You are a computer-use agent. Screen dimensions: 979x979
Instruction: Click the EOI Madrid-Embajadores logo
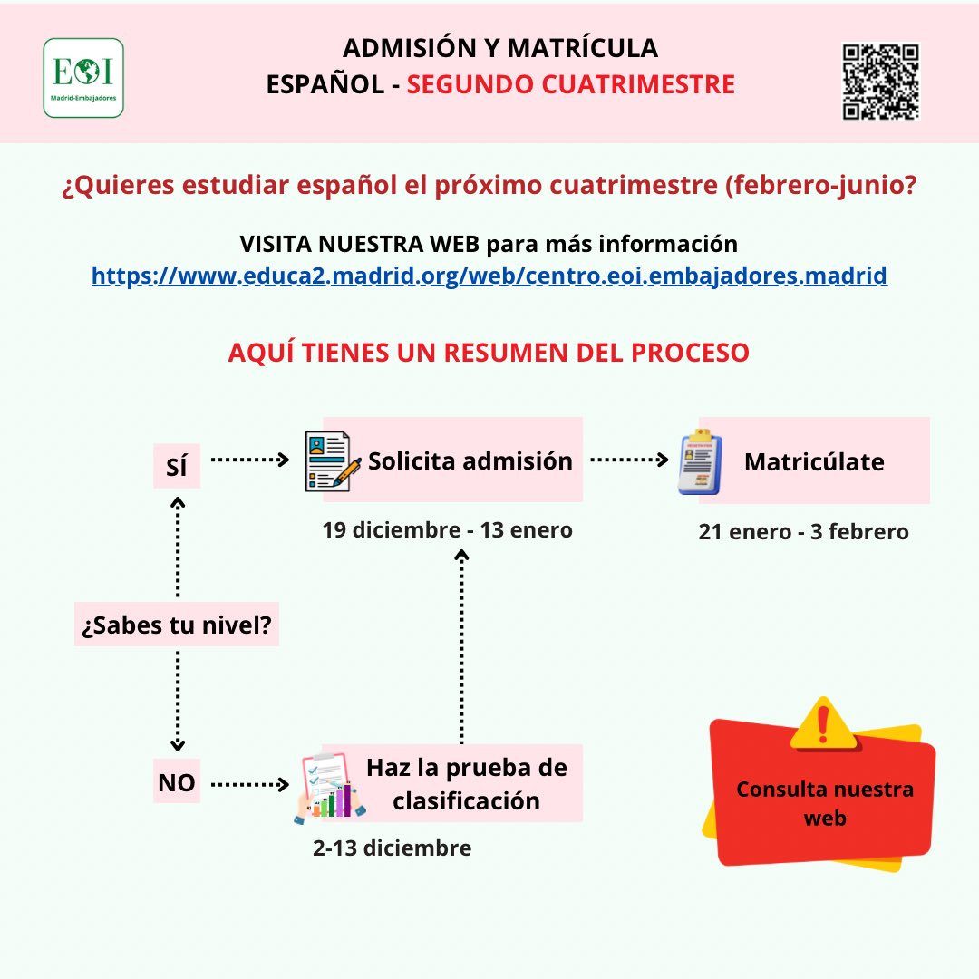click(83, 77)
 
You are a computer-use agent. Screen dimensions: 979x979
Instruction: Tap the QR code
click(881, 82)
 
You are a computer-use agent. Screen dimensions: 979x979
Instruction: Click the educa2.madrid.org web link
click(489, 276)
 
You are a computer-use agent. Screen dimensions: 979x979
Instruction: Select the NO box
click(176, 782)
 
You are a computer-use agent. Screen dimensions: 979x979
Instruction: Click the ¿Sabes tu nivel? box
click(177, 625)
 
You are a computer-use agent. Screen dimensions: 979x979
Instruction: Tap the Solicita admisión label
click(470, 460)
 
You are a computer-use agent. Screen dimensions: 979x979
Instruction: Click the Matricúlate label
click(814, 461)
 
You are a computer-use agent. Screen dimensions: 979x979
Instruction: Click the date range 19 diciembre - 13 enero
click(448, 530)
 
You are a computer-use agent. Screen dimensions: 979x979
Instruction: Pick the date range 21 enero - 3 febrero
click(803, 532)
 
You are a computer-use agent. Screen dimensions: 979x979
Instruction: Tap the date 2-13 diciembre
click(392, 848)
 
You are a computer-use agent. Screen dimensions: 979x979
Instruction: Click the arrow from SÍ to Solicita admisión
click(249, 460)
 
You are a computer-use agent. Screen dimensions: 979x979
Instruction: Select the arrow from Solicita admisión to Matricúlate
click(628, 460)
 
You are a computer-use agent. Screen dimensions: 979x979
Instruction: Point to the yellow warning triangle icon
click(823, 723)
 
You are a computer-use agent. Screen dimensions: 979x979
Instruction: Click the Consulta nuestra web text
click(825, 803)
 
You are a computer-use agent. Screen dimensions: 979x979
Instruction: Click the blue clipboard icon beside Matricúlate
click(700, 462)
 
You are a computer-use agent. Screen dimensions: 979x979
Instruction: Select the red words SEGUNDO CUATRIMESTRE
click(570, 84)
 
